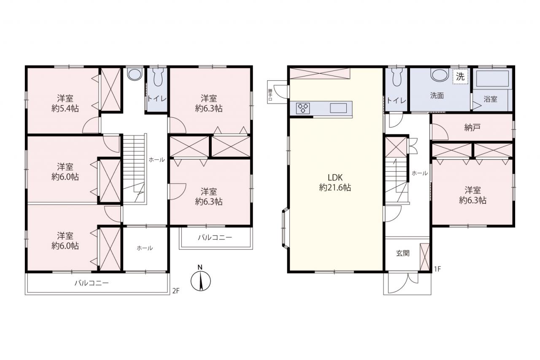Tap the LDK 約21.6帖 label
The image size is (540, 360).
335,182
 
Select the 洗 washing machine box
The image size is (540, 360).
460,77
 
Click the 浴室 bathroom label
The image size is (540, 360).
490,99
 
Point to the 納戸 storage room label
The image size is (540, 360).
472,127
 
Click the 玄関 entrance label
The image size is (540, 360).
402,253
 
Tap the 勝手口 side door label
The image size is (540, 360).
270,95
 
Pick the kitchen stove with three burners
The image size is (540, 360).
303,108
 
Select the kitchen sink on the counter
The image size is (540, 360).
338,108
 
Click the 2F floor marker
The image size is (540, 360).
176,291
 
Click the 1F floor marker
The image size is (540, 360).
437,269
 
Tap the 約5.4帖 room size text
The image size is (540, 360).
65,108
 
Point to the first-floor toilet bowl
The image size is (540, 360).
397,77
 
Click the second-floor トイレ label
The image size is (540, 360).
157,99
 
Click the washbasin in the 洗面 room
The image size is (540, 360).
440,75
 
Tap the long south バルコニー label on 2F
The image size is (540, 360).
92,283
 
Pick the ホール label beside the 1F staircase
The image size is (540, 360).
420,173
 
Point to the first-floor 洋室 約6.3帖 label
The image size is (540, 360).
472,195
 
